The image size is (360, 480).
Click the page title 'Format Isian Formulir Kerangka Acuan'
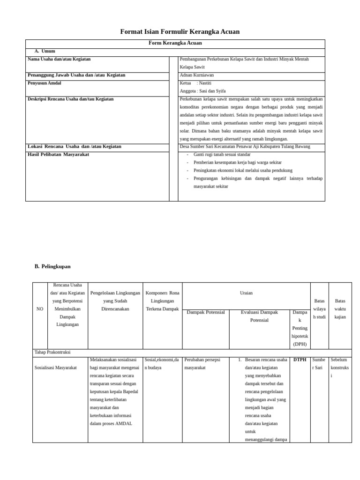tap(180, 31)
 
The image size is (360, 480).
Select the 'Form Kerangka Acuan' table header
tap(175, 43)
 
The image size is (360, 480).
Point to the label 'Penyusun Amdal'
tap(45, 83)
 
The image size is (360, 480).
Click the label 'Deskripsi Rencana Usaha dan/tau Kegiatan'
tap(70, 99)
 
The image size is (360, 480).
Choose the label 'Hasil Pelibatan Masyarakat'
tap(59, 154)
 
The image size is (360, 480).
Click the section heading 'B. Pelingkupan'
tap(52, 266)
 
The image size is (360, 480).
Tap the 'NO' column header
tap(39, 309)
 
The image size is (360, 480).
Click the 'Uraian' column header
tap(246, 293)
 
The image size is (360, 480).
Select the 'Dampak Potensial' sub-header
tap(206, 312)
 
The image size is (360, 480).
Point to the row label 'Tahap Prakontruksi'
tap(52, 352)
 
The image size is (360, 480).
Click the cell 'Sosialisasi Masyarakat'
tap(56, 368)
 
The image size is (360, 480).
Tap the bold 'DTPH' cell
tap(300, 360)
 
